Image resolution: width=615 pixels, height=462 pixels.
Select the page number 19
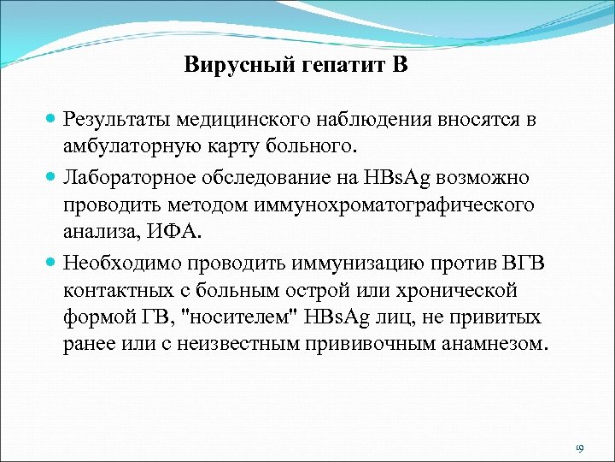coord(579,448)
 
